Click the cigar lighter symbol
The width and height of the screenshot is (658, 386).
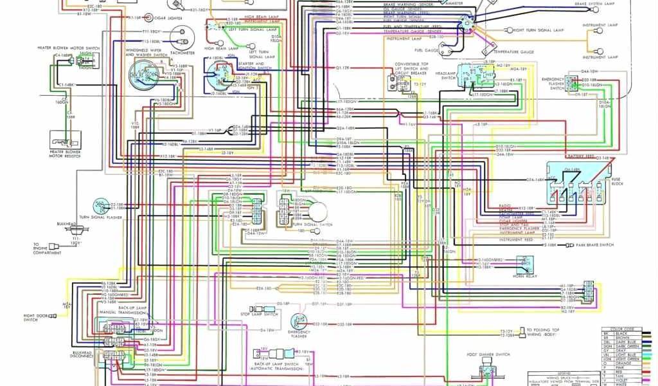pos(148,18)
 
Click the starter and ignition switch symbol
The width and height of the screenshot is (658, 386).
pos(217,76)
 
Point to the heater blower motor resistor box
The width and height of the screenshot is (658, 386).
pos(65,139)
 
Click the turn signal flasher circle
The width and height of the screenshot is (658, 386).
pos(100,206)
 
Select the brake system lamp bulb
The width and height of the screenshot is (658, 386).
pos(600,12)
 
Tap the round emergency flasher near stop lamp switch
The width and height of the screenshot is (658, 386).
pos(298,320)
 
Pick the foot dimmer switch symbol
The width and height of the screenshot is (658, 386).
pos(486,369)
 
